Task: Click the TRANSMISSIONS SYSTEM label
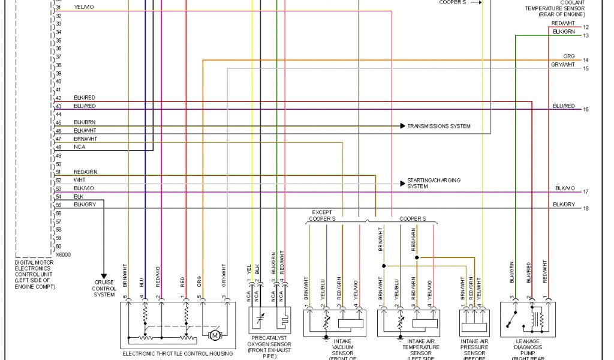click(439, 126)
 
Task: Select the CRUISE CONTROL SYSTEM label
click(104, 289)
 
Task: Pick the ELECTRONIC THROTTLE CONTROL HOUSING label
click(177, 354)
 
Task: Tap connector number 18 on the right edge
click(586, 208)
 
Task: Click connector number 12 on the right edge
click(586, 28)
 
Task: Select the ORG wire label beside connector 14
click(569, 56)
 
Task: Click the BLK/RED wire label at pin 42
click(85, 98)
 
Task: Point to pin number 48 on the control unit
click(59, 147)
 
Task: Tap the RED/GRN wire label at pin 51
click(86, 172)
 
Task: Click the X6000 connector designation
click(62, 254)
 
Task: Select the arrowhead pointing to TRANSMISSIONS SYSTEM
click(402, 126)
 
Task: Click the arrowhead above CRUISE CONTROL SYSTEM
click(104, 275)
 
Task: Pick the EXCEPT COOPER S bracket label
click(322, 215)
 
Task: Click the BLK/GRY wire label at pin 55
click(85, 205)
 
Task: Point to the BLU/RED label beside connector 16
click(564, 106)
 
